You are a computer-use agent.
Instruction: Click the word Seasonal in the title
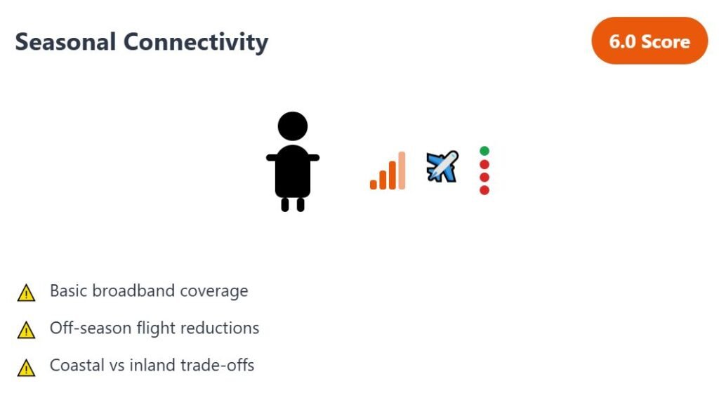[x=65, y=41]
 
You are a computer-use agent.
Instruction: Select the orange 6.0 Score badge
[x=649, y=41]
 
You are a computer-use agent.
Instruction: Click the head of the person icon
[x=293, y=126]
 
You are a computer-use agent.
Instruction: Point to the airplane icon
[x=442, y=167]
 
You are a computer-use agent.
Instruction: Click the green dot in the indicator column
[x=484, y=151]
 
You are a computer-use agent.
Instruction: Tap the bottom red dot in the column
[x=484, y=189]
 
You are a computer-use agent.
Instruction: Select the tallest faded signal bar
[x=402, y=170]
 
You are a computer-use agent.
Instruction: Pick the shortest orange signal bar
[x=374, y=185]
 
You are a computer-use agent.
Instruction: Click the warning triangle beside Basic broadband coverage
[x=26, y=293]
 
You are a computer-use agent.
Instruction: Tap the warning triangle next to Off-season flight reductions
[x=26, y=331]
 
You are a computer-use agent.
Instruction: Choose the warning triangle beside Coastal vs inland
[x=26, y=368]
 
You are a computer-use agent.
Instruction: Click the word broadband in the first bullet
[x=133, y=291]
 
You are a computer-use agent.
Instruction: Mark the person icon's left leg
[x=285, y=204]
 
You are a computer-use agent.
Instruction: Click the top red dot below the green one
[x=484, y=164]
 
